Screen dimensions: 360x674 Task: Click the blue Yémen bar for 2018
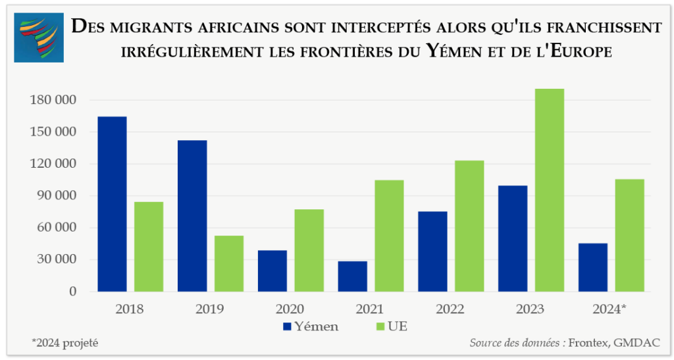click(x=112, y=204)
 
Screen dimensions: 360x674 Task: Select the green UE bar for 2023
click(x=550, y=190)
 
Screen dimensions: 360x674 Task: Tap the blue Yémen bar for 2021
click(x=352, y=276)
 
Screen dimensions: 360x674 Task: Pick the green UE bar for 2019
click(x=229, y=263)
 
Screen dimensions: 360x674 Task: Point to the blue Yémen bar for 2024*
click(x=593, y=267)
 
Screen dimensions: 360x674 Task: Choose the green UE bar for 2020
click(x=309, y=250)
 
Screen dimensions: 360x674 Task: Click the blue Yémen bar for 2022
click(x=432, y=251)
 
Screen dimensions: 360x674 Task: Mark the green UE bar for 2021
click(x=389, y=236)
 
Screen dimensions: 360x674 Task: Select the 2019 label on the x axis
click(x=210, y=309)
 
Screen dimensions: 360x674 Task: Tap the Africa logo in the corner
click(x=39, y=38)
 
